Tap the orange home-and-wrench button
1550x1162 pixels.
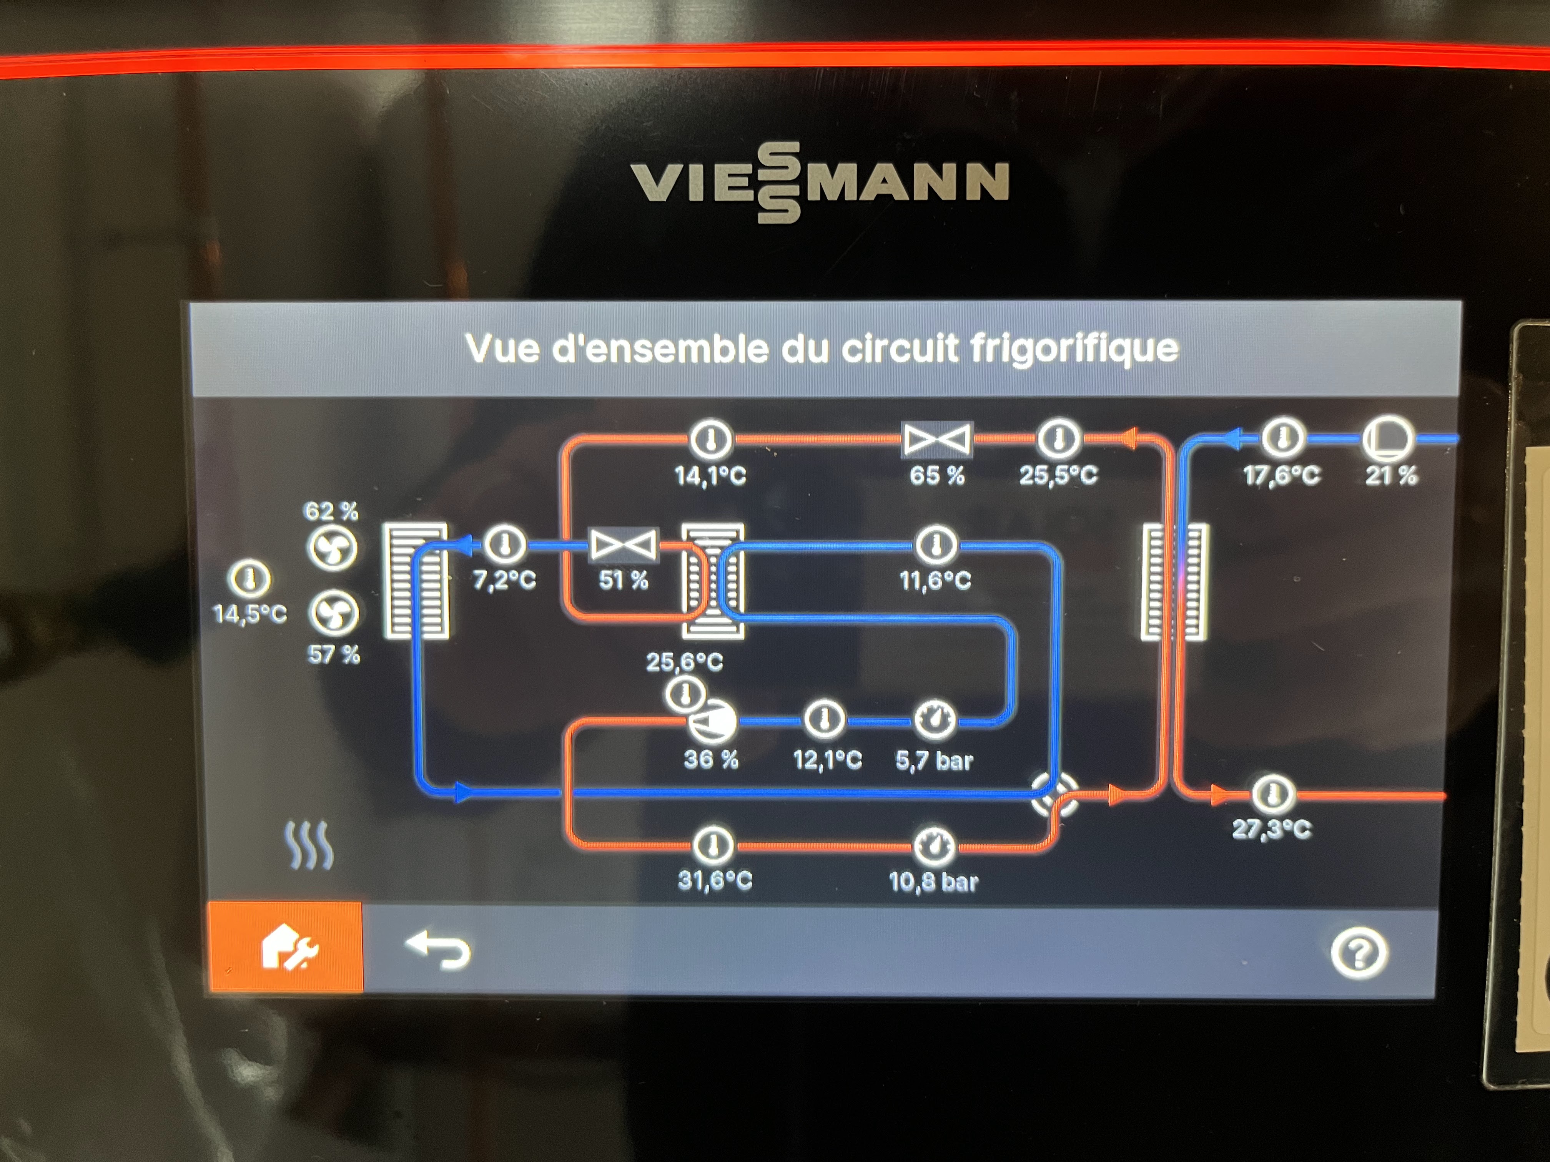pos(287,949)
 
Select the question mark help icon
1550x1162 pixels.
pos(1359,953)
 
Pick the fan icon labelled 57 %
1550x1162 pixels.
pos(334,614)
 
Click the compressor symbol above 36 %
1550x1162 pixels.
pos(711,721)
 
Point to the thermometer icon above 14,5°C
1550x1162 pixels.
pos(249,579)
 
